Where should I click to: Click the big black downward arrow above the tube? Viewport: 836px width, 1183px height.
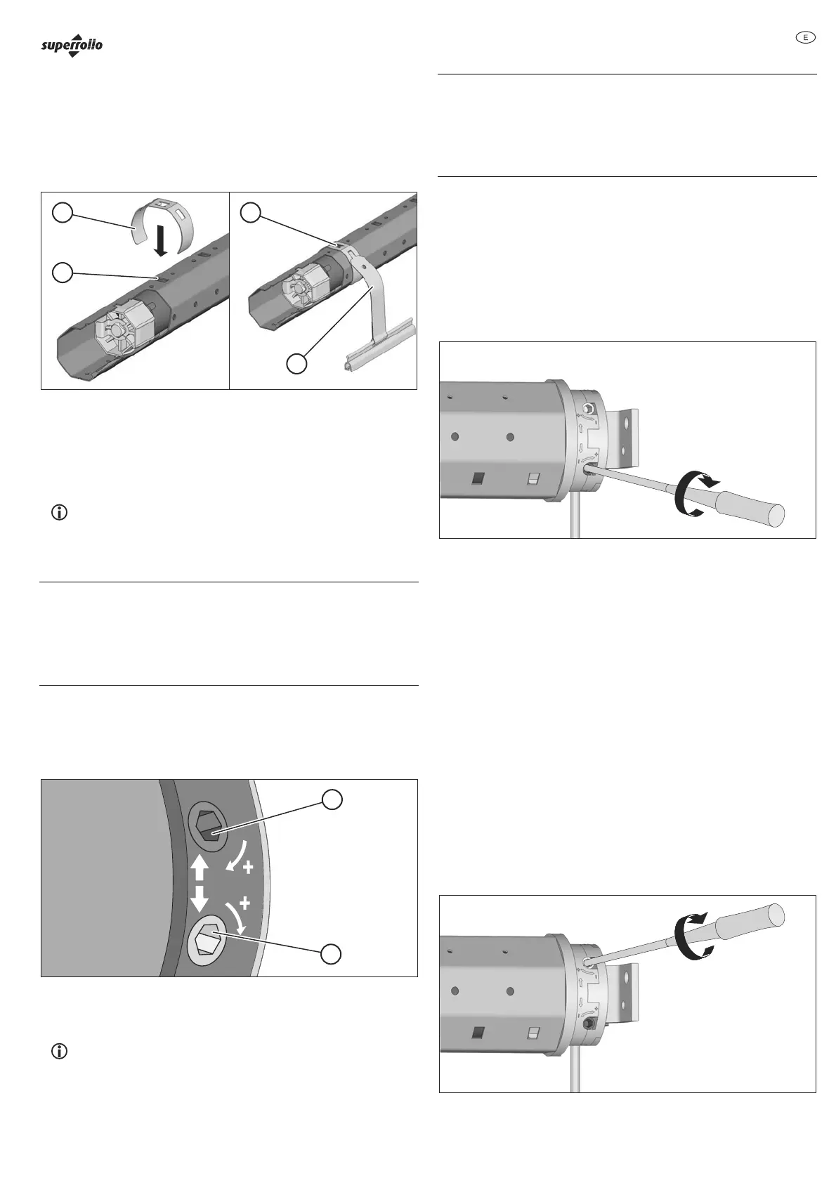coord(162,240)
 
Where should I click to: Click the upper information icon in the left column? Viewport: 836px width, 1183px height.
coord(60,513)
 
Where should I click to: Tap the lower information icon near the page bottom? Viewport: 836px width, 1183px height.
coord(60,1052)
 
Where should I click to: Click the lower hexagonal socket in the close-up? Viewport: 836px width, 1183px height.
coord(205,938)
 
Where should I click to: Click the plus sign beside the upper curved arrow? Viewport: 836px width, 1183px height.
coord(247,868)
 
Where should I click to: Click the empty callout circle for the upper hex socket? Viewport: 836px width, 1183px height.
coord(333,799)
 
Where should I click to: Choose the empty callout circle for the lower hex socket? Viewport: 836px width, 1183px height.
coord(332,953)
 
